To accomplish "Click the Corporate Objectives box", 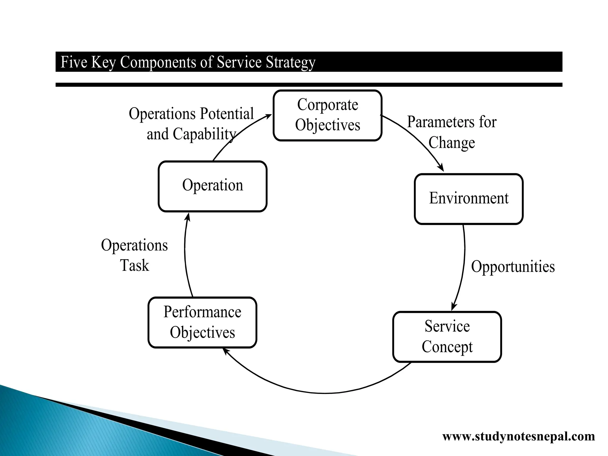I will coord(327,115).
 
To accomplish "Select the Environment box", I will coord(468,199).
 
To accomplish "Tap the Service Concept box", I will coord(447,337).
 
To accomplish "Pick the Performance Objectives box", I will coord(202,322).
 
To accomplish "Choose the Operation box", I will coord(213,186).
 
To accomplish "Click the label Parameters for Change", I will coord(452,132).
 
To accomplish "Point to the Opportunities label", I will coord(513,266).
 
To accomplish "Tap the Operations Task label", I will coord(134,255).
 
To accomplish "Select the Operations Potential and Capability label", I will coord(191,124).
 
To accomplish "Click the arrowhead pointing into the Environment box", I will coord(442,168).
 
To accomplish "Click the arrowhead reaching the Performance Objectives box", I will coord(226,351).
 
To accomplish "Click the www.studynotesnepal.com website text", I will coord(518,436).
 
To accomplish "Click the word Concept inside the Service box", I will coord(447,347).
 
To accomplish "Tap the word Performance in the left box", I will coord(202,312).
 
